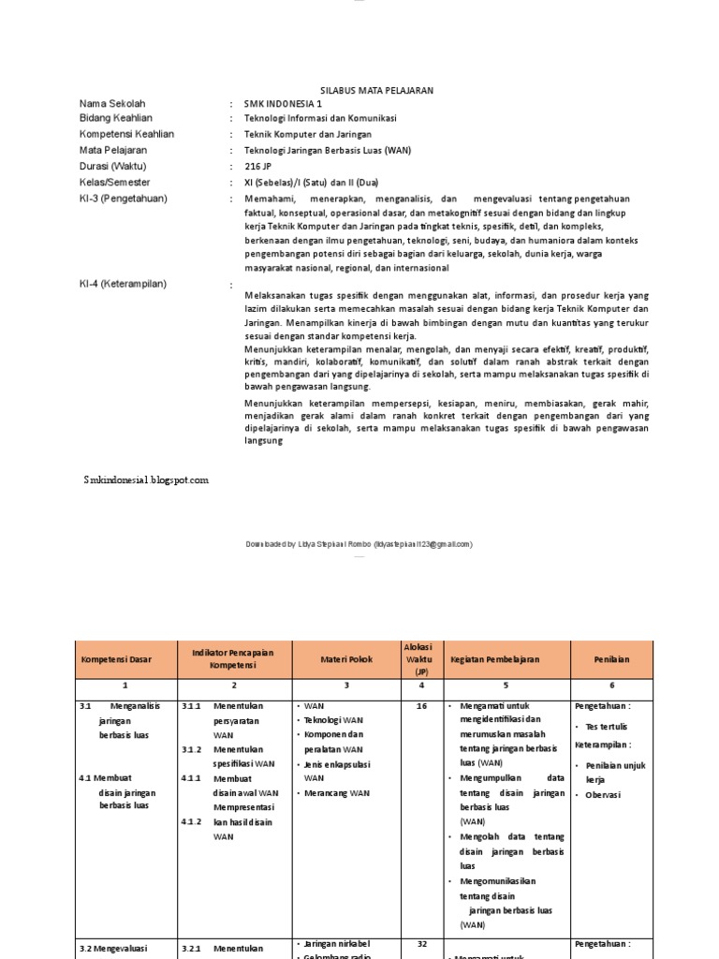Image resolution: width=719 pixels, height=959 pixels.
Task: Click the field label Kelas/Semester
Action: coord(115,183)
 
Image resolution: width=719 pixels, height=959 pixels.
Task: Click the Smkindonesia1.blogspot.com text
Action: coord(145,479)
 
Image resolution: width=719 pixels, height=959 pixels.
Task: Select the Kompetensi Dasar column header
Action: coord(115,659)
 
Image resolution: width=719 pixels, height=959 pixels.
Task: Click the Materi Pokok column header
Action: coord(345,659)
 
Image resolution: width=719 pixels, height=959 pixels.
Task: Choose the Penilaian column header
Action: coord(611,659)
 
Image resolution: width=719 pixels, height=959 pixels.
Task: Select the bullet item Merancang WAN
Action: coord(336,792)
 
